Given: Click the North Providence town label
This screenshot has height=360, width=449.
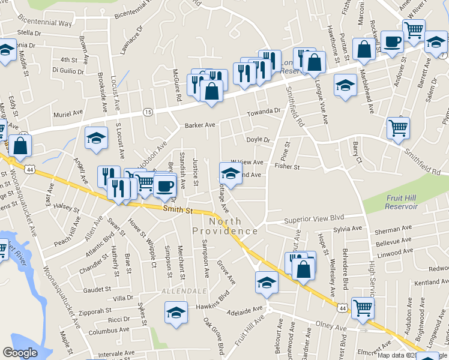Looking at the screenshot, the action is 225,226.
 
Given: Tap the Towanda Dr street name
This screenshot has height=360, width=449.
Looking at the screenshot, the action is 265,112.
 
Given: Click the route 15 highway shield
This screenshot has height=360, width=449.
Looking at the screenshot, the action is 147,112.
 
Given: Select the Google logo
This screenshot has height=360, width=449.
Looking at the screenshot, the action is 20,353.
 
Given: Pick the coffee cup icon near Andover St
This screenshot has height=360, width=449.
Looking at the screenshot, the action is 393,42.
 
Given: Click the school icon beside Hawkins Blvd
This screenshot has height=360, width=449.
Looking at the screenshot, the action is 175,313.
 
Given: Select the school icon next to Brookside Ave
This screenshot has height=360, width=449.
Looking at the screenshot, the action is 96,139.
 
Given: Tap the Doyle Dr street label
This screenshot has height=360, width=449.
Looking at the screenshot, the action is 259,140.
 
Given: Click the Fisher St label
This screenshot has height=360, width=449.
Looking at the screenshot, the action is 287,166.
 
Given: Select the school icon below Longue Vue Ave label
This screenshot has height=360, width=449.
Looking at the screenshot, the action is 345,86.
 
